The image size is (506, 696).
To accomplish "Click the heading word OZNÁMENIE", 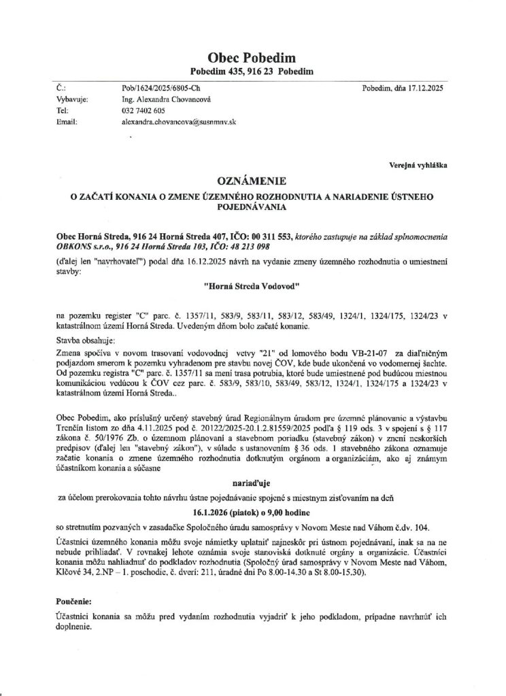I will point(252,181).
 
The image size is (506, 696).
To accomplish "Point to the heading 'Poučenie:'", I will point(74,602).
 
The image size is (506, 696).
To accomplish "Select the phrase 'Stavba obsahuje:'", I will point(85,339).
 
